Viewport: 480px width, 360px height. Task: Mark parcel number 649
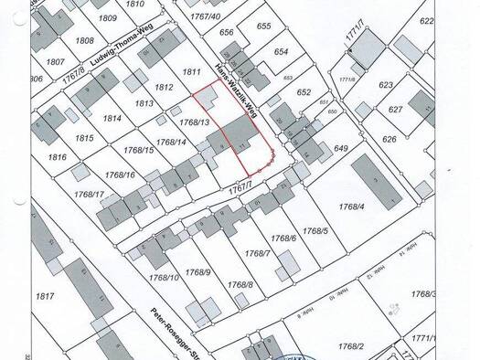(x=342, y=148)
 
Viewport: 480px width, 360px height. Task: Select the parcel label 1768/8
(x=239, y=285)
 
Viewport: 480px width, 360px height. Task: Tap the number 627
(x=395, y=110)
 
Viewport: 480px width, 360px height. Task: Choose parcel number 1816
(x=58, y=157)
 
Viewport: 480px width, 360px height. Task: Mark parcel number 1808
(x=84, y=40)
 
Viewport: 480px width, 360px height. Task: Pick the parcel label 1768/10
(x=162, y=278)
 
